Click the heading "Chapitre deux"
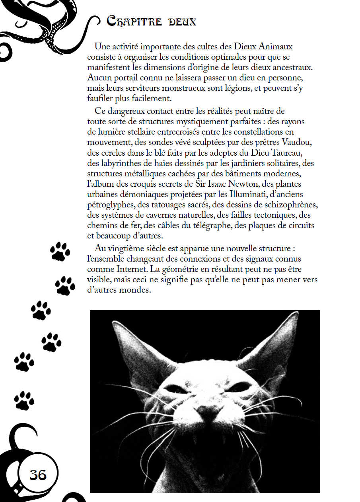151,21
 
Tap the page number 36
38,475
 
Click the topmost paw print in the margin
60,251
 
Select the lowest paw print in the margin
24,400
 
